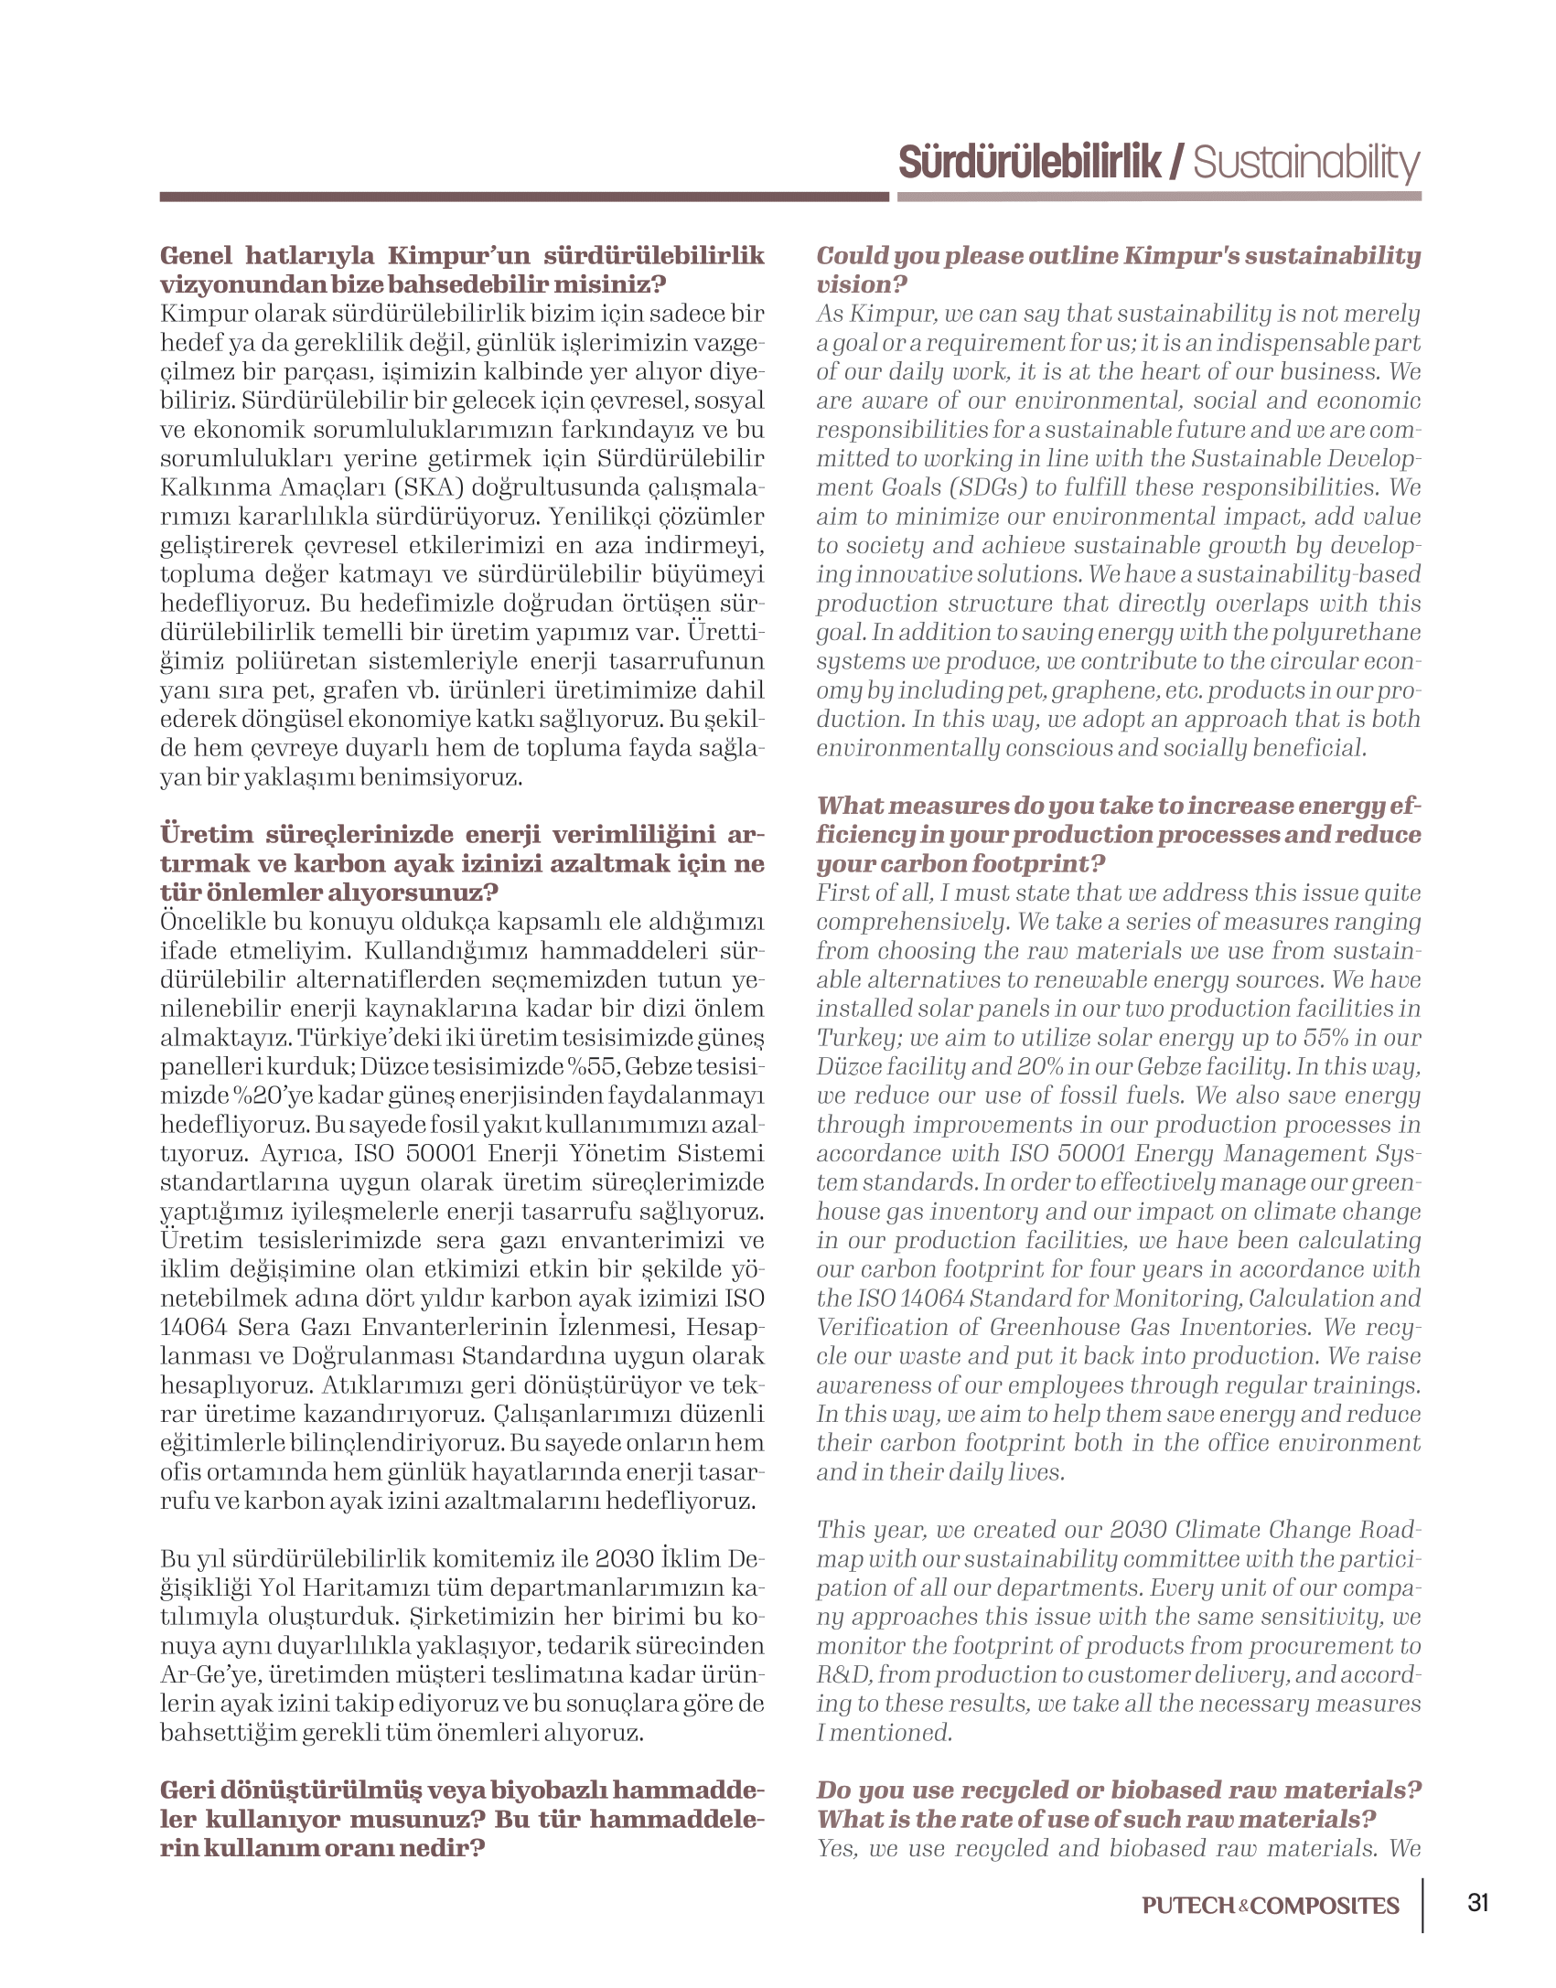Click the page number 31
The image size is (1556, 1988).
pos(1478,1904)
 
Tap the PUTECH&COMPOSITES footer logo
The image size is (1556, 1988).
pos(1271,1906)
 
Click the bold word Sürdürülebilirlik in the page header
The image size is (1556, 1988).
pos(1030,163)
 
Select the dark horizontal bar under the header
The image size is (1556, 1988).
pos(523,197)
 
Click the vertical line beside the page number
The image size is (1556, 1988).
pos(1424,1906)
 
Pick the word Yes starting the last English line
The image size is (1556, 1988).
pos(836,1848)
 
